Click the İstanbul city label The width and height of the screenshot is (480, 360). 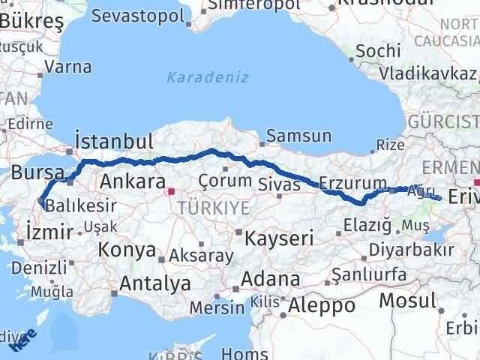click(x=115, y=142)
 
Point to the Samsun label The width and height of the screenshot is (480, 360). click(x=299, y=136)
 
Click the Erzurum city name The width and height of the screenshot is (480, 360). click(x=352, y=183)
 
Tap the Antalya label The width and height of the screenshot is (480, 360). click(x=154, y=283)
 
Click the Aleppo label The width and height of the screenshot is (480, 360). click(x=322, y=305)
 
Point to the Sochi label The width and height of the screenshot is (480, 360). click(x=373, y=52)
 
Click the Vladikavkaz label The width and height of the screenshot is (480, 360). click(x=427, y=73)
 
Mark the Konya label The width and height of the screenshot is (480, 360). click(x=127, y=250)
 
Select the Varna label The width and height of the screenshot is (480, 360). click(x=68, y=67)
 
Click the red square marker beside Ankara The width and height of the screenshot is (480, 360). click(x=171, y=191)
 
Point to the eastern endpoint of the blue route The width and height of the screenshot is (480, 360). click(x=438, y=199)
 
